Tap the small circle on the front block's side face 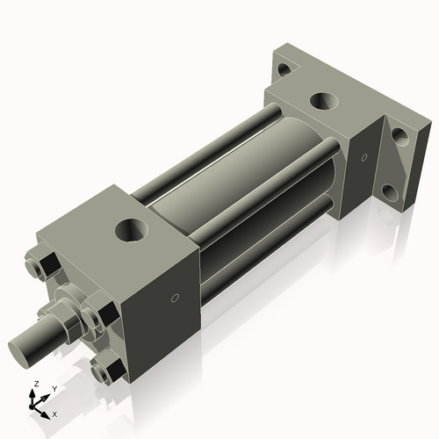pos(174,299)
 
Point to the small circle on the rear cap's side pos(363,158)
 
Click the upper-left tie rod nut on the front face pos(47,263)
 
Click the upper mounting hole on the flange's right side pos(399,136)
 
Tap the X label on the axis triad pos(54,413)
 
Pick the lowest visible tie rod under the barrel pos(263,255)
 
